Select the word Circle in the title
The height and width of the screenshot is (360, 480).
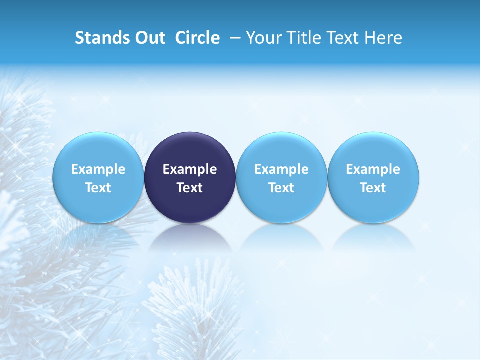click(x=197, y=38)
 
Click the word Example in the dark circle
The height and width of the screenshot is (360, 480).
click(x=190, y=169)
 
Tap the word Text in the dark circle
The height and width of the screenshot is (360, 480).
click(x=190, y=188)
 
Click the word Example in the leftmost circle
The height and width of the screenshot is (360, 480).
click(x=98, y=169)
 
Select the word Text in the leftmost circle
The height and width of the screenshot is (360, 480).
click(x=98, y=188)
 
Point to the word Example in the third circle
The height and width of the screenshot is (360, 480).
click(x=281, y=169)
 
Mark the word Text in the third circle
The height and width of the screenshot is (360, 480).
click(x=281, y=188)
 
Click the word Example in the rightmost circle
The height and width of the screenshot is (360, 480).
click(x=373, y=169)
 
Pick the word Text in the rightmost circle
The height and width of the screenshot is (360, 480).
click(x=373, y=188)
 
